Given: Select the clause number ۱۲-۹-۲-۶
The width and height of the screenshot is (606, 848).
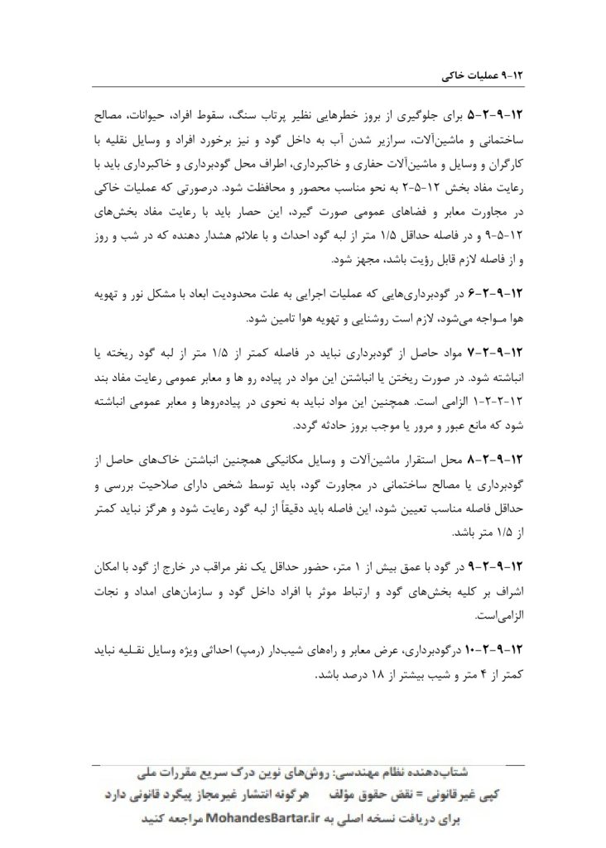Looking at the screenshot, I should pyautogui.click(x=506, y=295).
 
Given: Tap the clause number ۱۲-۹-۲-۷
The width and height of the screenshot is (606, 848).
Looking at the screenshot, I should pyautogui.click(x=506, y=355).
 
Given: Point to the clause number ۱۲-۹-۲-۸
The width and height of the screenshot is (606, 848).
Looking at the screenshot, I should pyautogui.click(x=506, y=458).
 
